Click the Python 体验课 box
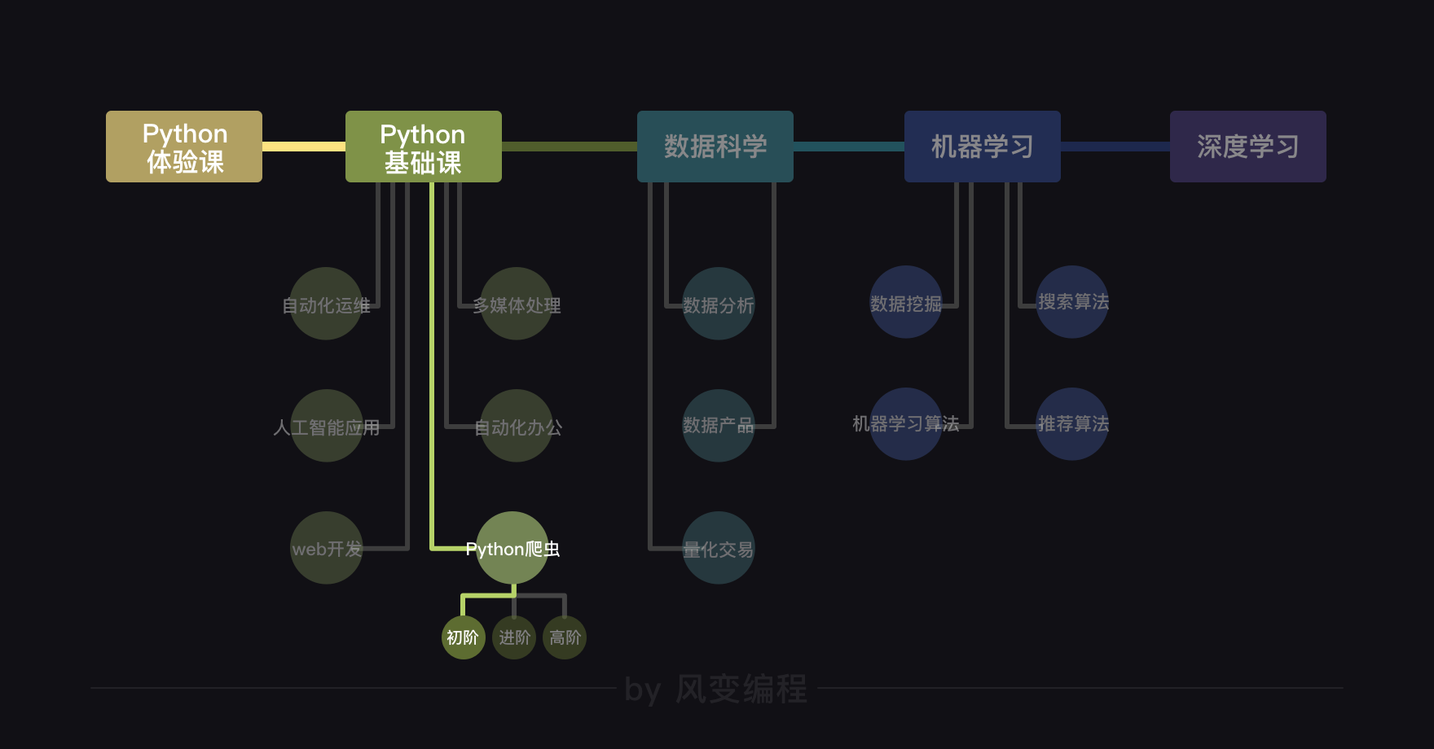point(184,147)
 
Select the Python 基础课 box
point(424,147)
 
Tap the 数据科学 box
point(715,147)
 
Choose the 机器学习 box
point(983,147)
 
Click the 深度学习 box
point(1248,147)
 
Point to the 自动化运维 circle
point(327,304)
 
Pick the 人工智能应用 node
point(327,426)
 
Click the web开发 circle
point(327,548)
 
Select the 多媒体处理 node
point(517,304)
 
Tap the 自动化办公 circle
point(517,426)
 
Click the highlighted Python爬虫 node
point(512,548)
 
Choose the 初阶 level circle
point(463,637)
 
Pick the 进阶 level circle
point(514,637)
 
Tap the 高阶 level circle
point(565,637)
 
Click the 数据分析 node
point(719,304)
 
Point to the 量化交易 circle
point(719,548)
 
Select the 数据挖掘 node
point(906,302)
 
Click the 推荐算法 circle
point(1072,424)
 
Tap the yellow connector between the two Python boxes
point(304,147)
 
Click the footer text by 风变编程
point(715,689)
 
